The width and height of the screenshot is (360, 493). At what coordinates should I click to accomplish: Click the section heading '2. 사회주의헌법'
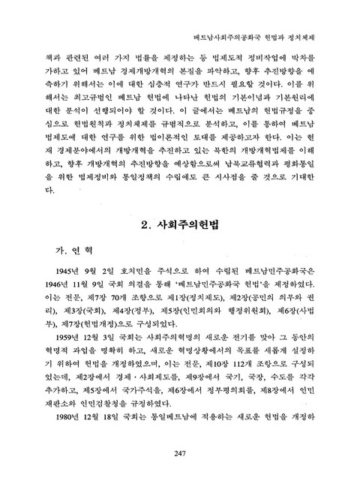click(179, 224)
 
